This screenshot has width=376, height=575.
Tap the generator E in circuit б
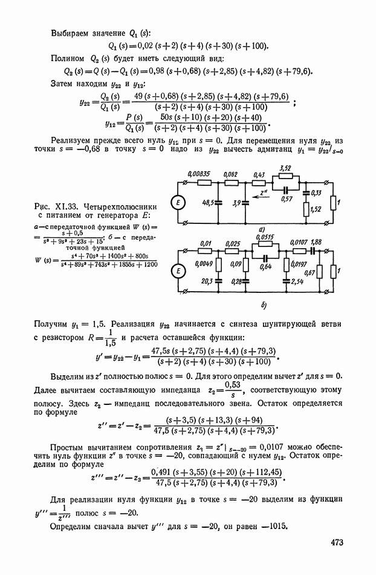[179, 272]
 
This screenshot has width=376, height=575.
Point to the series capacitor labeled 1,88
[315, 250]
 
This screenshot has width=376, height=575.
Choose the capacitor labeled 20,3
[216, 280]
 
